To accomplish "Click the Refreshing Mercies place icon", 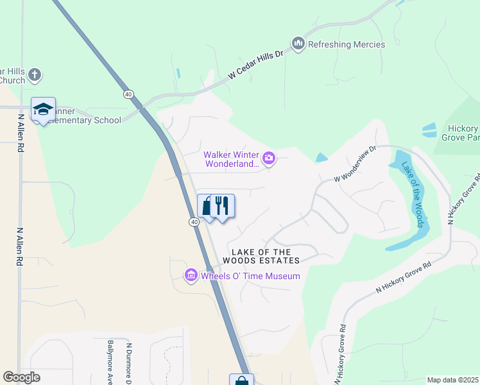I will pos(297,44).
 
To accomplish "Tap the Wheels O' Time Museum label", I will pos(250,276).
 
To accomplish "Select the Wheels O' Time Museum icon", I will pos(191,276).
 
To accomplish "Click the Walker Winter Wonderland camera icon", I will pos(270,157).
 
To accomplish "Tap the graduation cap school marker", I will pos(43,110).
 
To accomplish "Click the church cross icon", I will pos(35,75).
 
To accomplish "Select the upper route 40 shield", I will pos(129,94).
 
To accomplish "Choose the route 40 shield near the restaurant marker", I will pos(194,221).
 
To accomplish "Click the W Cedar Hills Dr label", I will pos(255,66).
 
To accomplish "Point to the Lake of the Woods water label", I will pos(411,194).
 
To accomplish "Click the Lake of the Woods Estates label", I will pos(261,257).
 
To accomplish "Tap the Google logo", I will pos(21,377).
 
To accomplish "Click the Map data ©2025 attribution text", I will pos(452,380).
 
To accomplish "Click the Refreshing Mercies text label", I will pos(347,44).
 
